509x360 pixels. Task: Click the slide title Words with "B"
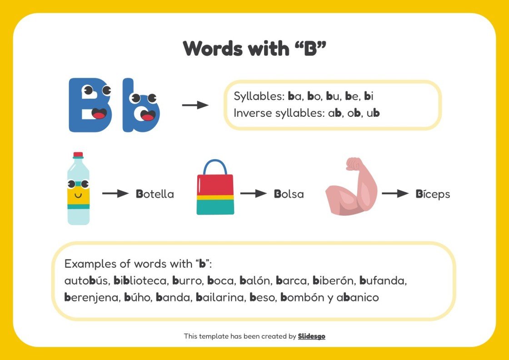pos(254,48)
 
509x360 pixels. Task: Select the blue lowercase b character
pos(141,107)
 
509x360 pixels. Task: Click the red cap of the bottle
pos(78,155)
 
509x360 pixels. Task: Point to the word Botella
pos(155,194)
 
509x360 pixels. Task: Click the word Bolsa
pos(289,194)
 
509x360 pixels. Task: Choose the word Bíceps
pos(433,194)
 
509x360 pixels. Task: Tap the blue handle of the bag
pos(215,166)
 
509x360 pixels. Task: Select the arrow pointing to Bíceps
pos(395,194)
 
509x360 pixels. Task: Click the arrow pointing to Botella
pos(115,194)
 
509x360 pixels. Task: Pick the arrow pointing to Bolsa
pos(253,194)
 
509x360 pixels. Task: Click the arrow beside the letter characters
pos(195,105)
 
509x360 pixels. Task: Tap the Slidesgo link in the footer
pos(311,336)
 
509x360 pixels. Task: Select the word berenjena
pos(90,298)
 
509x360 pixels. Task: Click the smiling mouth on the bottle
pos(78,195)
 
